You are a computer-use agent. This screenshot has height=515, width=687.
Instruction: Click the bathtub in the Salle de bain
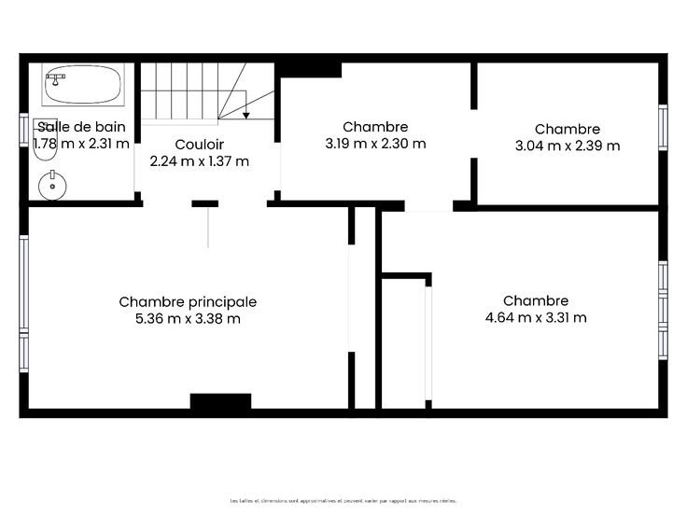pos(83,85)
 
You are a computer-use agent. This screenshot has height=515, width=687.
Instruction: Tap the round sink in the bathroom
pos(52,186)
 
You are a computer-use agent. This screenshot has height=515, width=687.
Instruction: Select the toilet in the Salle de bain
pos(45,139)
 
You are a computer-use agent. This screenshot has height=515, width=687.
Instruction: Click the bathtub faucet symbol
pos(55,78)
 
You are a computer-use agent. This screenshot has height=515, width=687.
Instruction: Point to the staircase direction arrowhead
pos(246,115)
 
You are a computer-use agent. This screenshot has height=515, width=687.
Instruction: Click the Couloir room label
pos(200,144)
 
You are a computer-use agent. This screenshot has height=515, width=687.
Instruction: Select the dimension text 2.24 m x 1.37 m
pos(200,161)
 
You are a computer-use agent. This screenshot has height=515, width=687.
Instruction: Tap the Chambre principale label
pos(188,301)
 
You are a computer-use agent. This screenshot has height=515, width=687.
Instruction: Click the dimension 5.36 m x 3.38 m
pos(188,318)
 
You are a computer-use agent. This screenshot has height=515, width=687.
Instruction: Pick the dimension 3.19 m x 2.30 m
pos(375,143)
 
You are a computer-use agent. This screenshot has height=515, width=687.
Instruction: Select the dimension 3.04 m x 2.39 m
pos(568,146)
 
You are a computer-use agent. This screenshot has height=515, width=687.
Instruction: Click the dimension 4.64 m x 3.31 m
pos(536,317)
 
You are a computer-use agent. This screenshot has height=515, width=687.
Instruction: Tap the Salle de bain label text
pos(81,127)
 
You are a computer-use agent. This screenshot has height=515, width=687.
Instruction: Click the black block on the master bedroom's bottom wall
pos(220,401)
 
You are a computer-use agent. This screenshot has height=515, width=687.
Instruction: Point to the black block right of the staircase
pos(308,70)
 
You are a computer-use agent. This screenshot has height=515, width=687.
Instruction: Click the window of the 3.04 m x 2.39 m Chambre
pos(663,128)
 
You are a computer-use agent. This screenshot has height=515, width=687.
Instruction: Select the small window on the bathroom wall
pos(23,130)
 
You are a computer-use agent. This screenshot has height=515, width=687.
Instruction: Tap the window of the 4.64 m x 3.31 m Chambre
pos(663,311)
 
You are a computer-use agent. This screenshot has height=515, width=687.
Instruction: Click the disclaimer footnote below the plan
pos(343,501)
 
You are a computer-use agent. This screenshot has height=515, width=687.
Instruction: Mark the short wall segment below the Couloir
pos(205,203)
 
